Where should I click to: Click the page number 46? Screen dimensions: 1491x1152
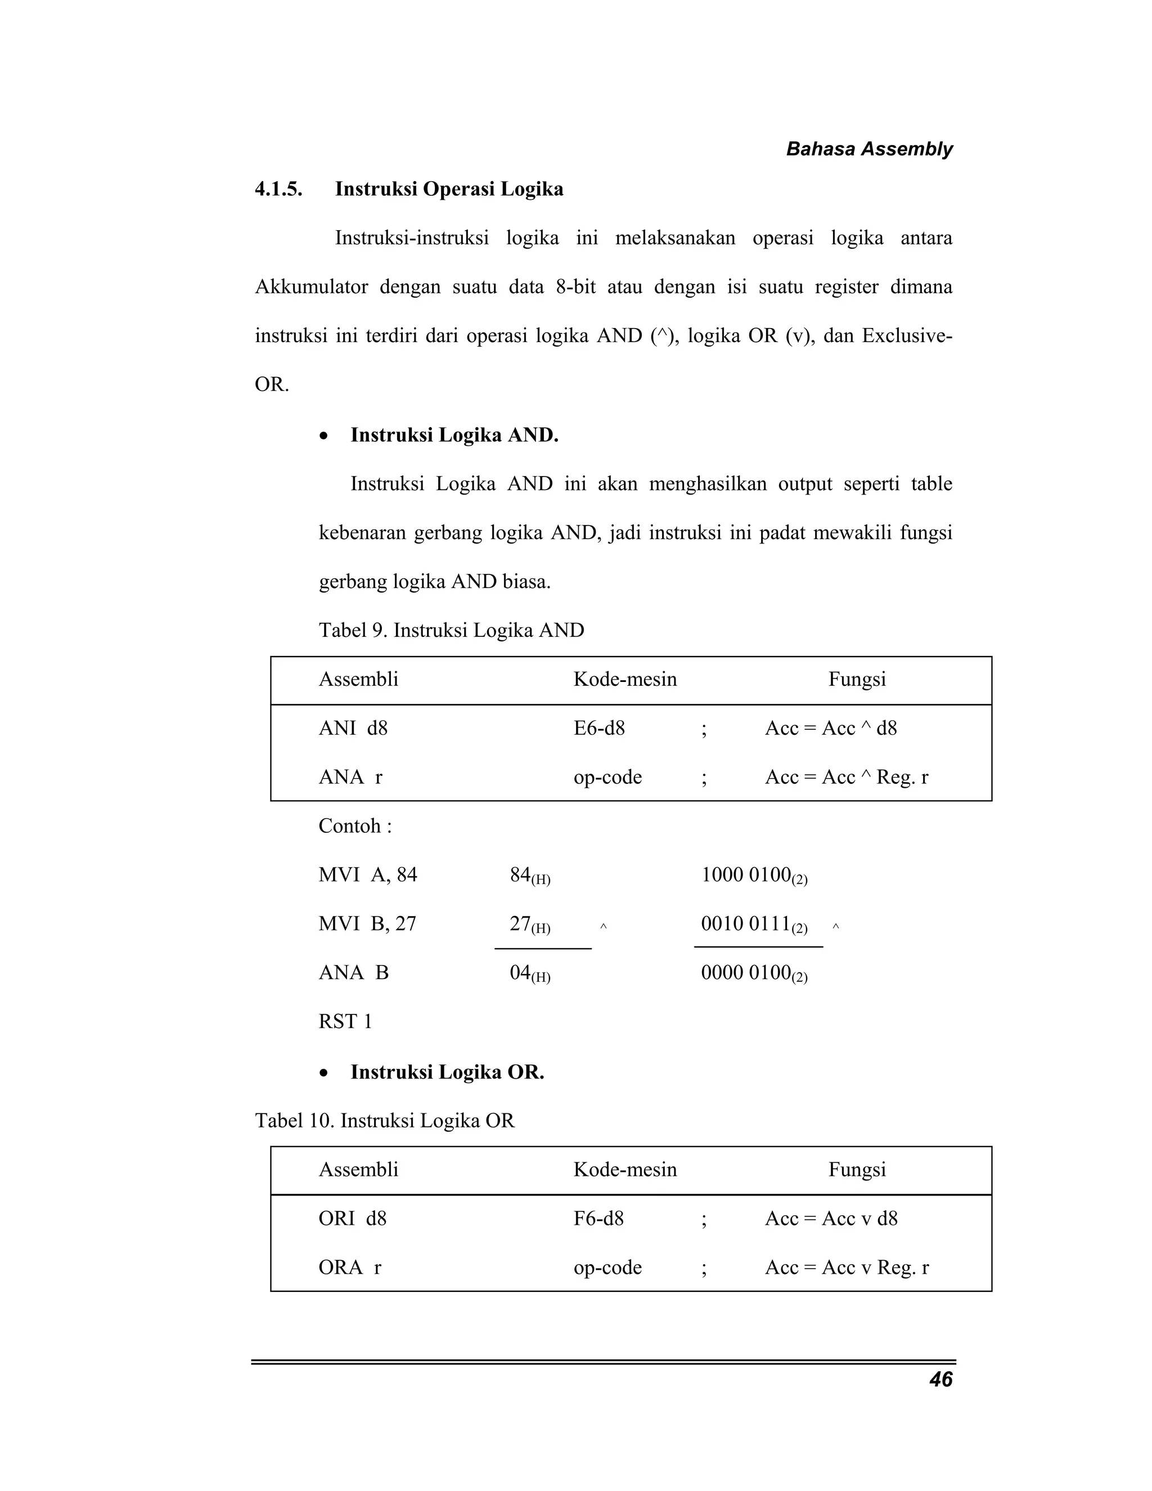(x=940, y=1380)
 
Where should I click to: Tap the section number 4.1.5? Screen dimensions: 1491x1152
(x=278, y=189)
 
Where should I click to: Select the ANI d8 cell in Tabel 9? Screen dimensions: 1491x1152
(x=353, y=729)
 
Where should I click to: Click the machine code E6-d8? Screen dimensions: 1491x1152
(x=598, y=729)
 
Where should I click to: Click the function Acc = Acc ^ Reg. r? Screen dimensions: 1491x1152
(x=846, y=777)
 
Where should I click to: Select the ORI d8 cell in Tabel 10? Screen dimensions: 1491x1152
(x=352, y=1219)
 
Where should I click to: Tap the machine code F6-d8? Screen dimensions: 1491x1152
(x=598, y=1219)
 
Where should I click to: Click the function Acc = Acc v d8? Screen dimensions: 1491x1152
(x=831, y=1219)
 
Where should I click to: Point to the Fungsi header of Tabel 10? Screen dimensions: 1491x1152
(x=857, y=1170)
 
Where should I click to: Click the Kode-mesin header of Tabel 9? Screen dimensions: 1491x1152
(x=624, y=679)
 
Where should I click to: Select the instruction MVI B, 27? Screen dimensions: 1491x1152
(x=367, y=924)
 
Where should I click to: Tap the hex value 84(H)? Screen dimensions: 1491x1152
(x=529, y=875)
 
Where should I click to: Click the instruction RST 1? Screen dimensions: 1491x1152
(x=345, y=1021)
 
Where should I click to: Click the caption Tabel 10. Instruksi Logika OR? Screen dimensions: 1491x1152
(x=385, y=1120)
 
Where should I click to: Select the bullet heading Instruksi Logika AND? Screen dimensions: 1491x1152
(x=454, y=435)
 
